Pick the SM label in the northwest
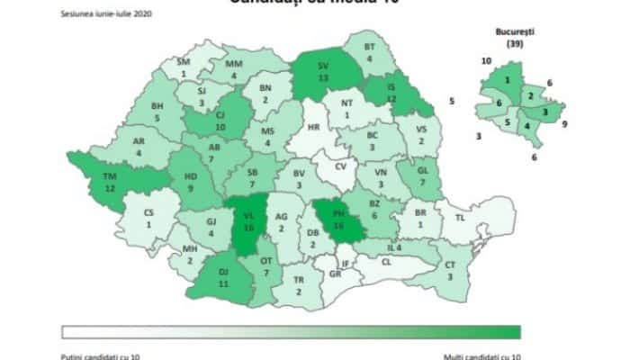[184, 61]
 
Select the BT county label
[369, 46]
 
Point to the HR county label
[314, 129]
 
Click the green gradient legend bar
[291, 331]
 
